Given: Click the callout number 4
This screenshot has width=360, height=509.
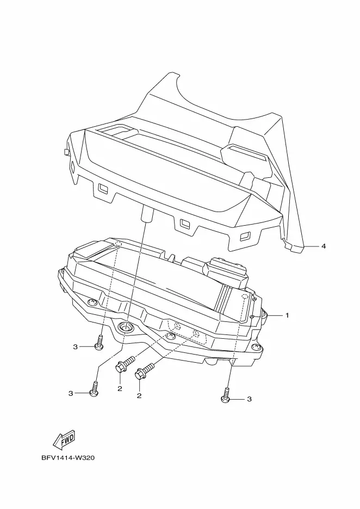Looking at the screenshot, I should coord(324,246).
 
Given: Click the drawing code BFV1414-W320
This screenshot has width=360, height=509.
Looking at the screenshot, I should coord(68,458).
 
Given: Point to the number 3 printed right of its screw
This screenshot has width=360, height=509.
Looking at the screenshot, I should coord(249,399).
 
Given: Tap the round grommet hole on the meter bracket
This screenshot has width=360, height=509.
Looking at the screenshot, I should coord(126,327).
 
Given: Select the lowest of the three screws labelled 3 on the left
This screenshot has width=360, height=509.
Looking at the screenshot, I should coord(95,389).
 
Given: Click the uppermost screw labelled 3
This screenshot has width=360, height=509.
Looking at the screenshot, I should coord(100,344).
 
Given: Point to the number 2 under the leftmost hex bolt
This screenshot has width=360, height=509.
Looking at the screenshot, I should coord(120,389).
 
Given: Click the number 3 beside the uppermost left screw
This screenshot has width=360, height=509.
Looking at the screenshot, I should coord(76,346).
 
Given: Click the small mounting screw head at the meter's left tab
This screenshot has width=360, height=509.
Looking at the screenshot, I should coord(91,302).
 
